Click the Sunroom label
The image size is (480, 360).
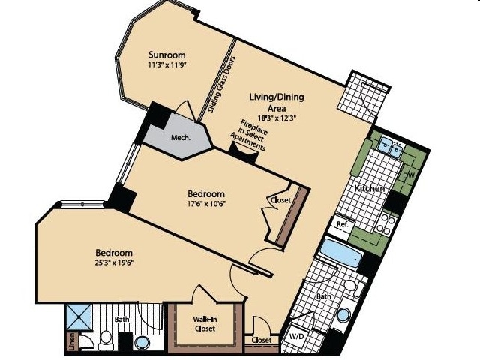[167, 55]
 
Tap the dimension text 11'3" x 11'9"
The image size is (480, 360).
[167, 65]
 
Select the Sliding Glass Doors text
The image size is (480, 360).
[221, 85]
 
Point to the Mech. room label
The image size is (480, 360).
[181, 138]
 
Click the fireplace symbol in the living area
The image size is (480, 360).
[244, 154]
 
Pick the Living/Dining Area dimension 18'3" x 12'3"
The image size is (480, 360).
[277, 118]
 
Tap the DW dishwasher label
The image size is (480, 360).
[408, 175]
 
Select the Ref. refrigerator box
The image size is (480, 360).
[343, 226]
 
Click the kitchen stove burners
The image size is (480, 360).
[385, 224]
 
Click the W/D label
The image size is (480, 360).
[296, 337]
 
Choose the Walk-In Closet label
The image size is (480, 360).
[205, 324]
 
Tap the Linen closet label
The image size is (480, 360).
[72, 341]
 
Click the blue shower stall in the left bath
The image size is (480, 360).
[79, 316]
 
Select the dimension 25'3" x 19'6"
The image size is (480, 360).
[115, 262]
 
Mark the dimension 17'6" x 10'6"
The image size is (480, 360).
[206, 203]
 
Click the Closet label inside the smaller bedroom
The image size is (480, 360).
[280, 200]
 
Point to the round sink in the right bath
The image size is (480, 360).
[343, 315]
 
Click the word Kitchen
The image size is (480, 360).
[369, 188]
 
